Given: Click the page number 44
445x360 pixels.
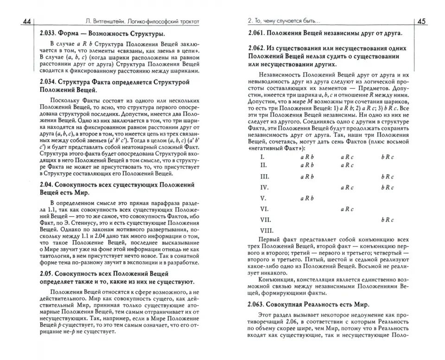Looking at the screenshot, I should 26,21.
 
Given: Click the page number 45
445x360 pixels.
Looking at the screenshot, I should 423,21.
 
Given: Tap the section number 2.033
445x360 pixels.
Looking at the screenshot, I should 50,34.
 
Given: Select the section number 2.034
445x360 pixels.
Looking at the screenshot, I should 50,82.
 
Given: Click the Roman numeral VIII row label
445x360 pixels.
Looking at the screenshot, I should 267,230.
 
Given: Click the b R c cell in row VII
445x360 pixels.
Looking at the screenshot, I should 388,219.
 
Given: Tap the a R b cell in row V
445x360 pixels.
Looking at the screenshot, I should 307,198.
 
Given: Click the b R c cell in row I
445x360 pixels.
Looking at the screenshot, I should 388,157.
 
